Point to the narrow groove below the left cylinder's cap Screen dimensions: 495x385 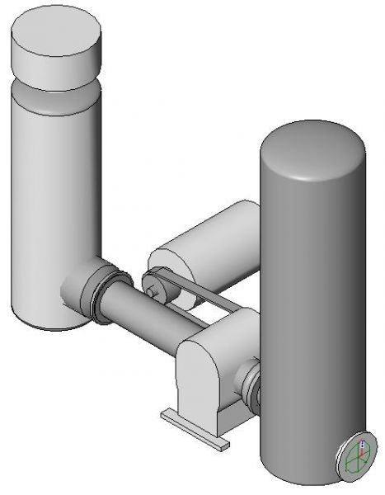pos(56,85)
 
